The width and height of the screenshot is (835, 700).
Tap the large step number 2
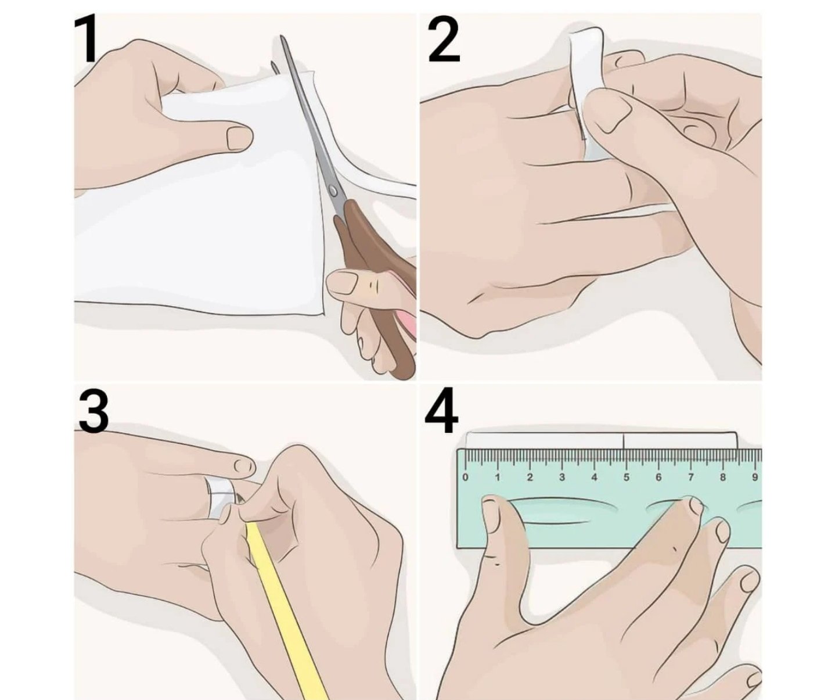pos(444,38)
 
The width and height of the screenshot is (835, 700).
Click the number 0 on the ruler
pos(465,477)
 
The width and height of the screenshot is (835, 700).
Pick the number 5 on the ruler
pos(626,477)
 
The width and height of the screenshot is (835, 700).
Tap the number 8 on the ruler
pos(722,477)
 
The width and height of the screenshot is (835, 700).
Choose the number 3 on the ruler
pos(562,477)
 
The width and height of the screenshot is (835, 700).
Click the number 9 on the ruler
pos(755,477)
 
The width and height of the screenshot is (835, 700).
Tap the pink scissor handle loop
pos(407,322)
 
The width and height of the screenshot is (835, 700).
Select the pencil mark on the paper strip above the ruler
pos(624,440)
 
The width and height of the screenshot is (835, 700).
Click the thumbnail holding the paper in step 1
pos(239,139)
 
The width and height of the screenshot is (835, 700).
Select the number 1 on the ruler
pos(498,477)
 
